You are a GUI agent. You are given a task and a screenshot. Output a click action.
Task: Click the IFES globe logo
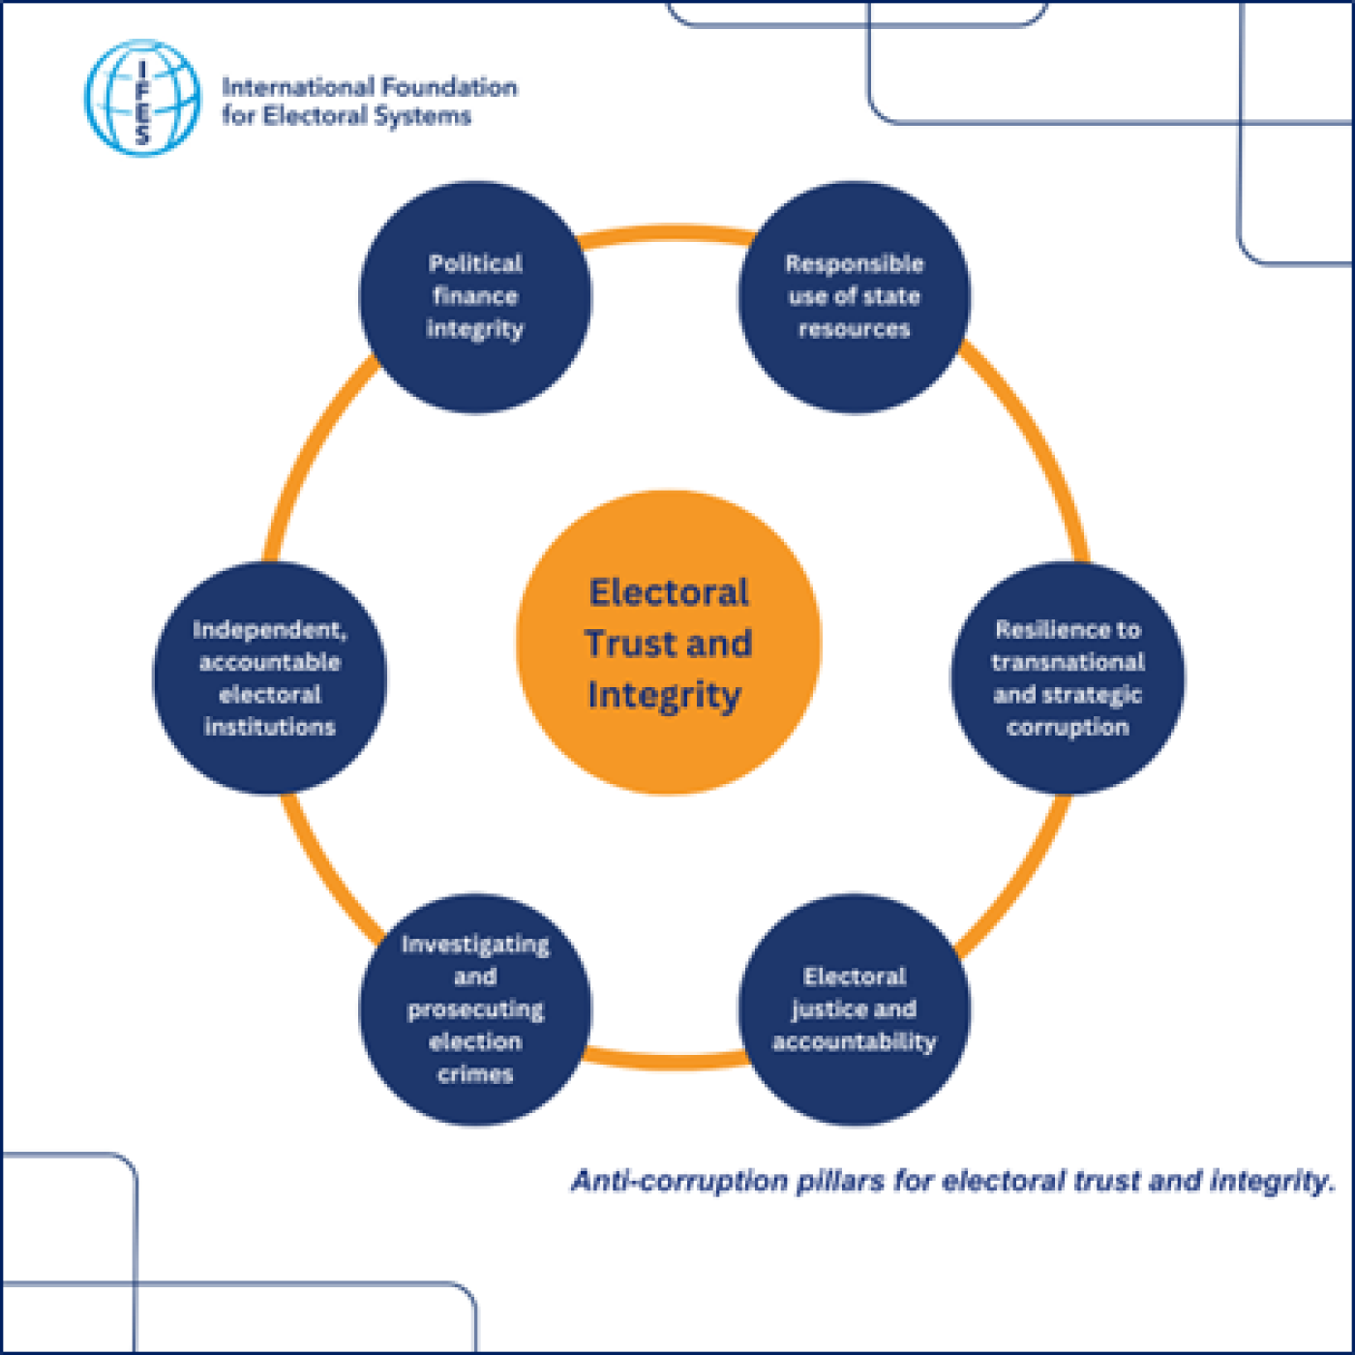click(143, 98)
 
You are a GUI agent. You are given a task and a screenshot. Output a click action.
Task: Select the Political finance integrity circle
click(475, 296)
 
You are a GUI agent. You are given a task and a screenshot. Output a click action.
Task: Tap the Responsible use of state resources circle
click(854, 296)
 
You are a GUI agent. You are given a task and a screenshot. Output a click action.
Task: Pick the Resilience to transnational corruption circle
click(1068, 677)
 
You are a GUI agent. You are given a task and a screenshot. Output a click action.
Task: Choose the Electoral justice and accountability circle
click(854, 1009)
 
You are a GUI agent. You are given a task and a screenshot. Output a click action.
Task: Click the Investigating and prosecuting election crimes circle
click(475, 1009)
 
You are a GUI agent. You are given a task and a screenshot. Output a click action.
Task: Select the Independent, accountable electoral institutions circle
click(270, 677)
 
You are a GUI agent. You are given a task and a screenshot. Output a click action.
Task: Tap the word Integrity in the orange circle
click(664, 695)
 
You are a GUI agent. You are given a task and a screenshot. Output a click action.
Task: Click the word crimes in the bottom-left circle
click(475, 1074)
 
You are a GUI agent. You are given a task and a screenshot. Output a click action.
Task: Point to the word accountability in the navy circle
click(854, 1042)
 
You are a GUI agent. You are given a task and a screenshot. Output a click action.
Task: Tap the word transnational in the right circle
click(1068, 662)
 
